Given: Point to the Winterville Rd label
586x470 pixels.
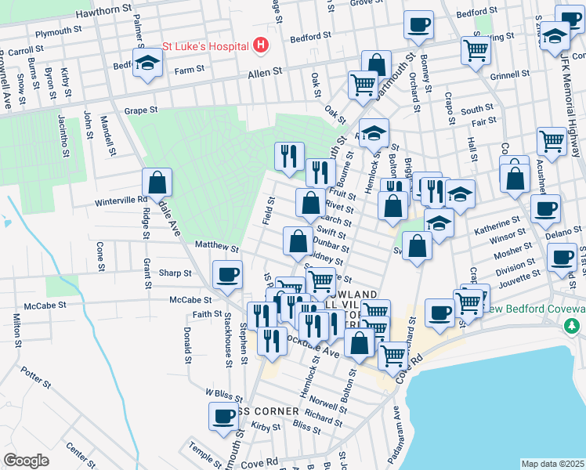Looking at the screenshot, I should click(122, 200).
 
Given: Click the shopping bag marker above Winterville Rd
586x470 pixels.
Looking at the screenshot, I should click(157, 183).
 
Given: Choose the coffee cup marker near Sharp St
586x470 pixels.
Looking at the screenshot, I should click(227, 274).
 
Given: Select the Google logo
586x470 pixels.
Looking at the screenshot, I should click(26, 460).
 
